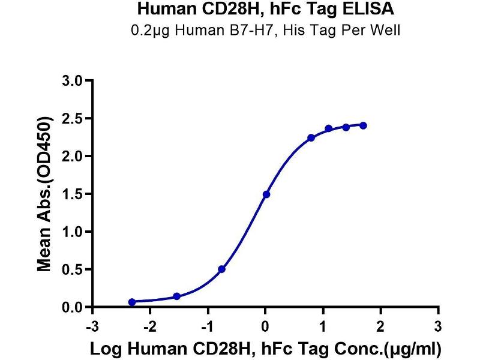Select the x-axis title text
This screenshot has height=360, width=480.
tap(265, 349)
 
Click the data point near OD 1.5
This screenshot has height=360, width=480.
tap(266, 194)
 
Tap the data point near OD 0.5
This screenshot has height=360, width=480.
tap(222, 269)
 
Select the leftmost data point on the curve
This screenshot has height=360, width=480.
tap(132, 302)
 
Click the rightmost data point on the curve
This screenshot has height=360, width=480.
tap(364, 125)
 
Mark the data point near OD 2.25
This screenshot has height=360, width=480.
tap(311, 138)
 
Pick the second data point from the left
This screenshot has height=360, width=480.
tap(176, 296)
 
